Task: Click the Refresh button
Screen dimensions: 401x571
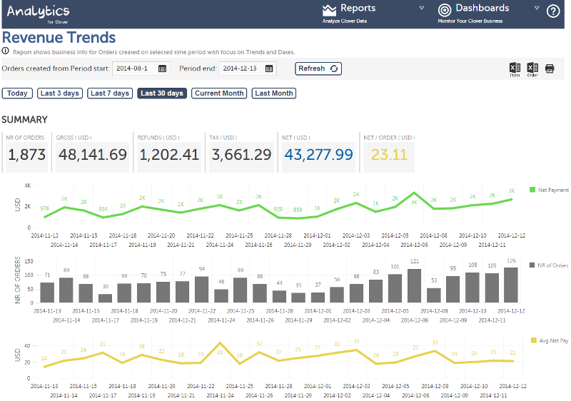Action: [318, 68]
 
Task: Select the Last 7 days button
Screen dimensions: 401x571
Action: [110, 93]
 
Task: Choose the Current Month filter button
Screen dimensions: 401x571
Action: [219, 93]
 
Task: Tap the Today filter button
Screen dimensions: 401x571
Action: [17, 93]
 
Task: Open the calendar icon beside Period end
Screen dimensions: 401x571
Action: [269, 68]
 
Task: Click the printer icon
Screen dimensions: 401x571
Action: [550, 68]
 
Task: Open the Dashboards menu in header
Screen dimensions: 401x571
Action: [482, 9]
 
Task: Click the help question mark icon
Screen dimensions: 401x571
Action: [553, 11]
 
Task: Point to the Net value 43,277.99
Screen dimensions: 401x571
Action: [318, 155]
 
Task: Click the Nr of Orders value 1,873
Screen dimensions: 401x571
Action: [27, 155]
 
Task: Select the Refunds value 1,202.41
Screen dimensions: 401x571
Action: [169, 155]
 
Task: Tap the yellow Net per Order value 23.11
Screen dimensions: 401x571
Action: [389, 155]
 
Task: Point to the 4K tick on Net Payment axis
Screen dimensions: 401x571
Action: [26, 186]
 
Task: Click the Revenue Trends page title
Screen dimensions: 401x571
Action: [59, 38]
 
